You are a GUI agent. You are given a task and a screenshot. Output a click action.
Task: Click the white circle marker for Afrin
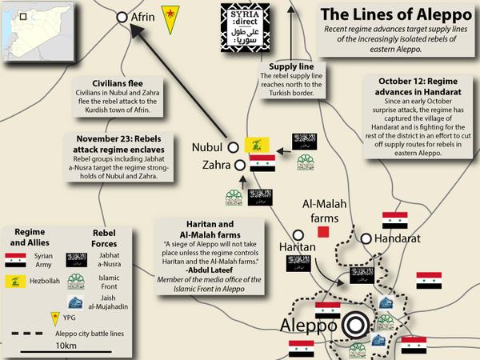coord(122,16)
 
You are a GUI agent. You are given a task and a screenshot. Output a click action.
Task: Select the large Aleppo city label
coord(308,326)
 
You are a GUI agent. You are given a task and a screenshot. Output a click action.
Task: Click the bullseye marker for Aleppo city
coord(354,326)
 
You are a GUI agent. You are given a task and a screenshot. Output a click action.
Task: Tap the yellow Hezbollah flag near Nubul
coord(256,145)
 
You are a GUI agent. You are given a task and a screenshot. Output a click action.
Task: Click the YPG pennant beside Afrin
coord(169,16)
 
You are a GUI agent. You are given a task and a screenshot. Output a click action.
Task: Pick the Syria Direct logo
coord(246,29)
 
